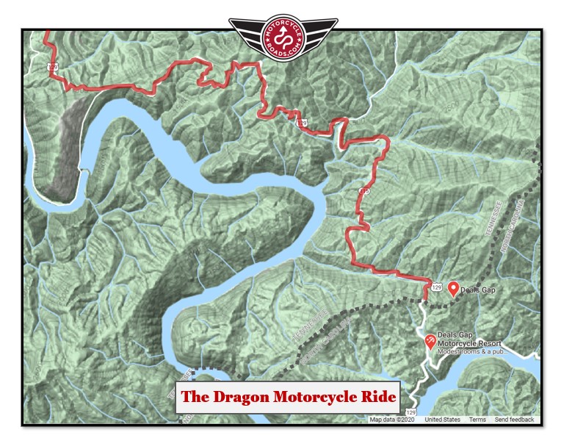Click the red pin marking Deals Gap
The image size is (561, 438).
[x=453, y=288]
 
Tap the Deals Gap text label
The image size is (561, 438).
[x=479, y=290]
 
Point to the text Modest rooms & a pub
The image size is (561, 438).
[x=474, y=351]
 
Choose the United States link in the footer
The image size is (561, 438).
[x=442, y=420]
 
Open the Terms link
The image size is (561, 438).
[x=477, y=420]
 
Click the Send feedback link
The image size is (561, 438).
[x=514, y=420]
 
